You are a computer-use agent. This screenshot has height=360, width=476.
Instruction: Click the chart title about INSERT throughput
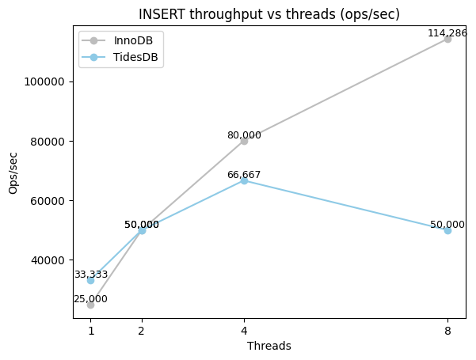(269, 14)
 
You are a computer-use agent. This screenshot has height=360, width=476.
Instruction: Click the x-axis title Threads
(269, 346)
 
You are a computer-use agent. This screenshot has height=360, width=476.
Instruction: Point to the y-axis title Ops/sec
(13, 172)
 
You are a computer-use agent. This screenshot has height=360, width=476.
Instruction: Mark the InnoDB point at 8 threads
(447, 39)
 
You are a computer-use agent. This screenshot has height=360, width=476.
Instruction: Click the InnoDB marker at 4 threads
(244, 141)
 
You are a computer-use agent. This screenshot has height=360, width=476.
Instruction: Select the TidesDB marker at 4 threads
(244, 180)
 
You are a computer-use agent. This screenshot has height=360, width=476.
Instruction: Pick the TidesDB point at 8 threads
(447, 230)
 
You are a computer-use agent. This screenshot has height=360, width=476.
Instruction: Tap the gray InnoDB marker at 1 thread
(91, 305)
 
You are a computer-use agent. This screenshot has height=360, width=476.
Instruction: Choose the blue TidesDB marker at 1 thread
(91, 280)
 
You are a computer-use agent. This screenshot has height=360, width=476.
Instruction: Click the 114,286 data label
(447, 33)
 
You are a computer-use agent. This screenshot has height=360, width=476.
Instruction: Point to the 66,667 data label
(244, 175)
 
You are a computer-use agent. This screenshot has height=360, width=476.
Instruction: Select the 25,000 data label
(90, 299)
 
